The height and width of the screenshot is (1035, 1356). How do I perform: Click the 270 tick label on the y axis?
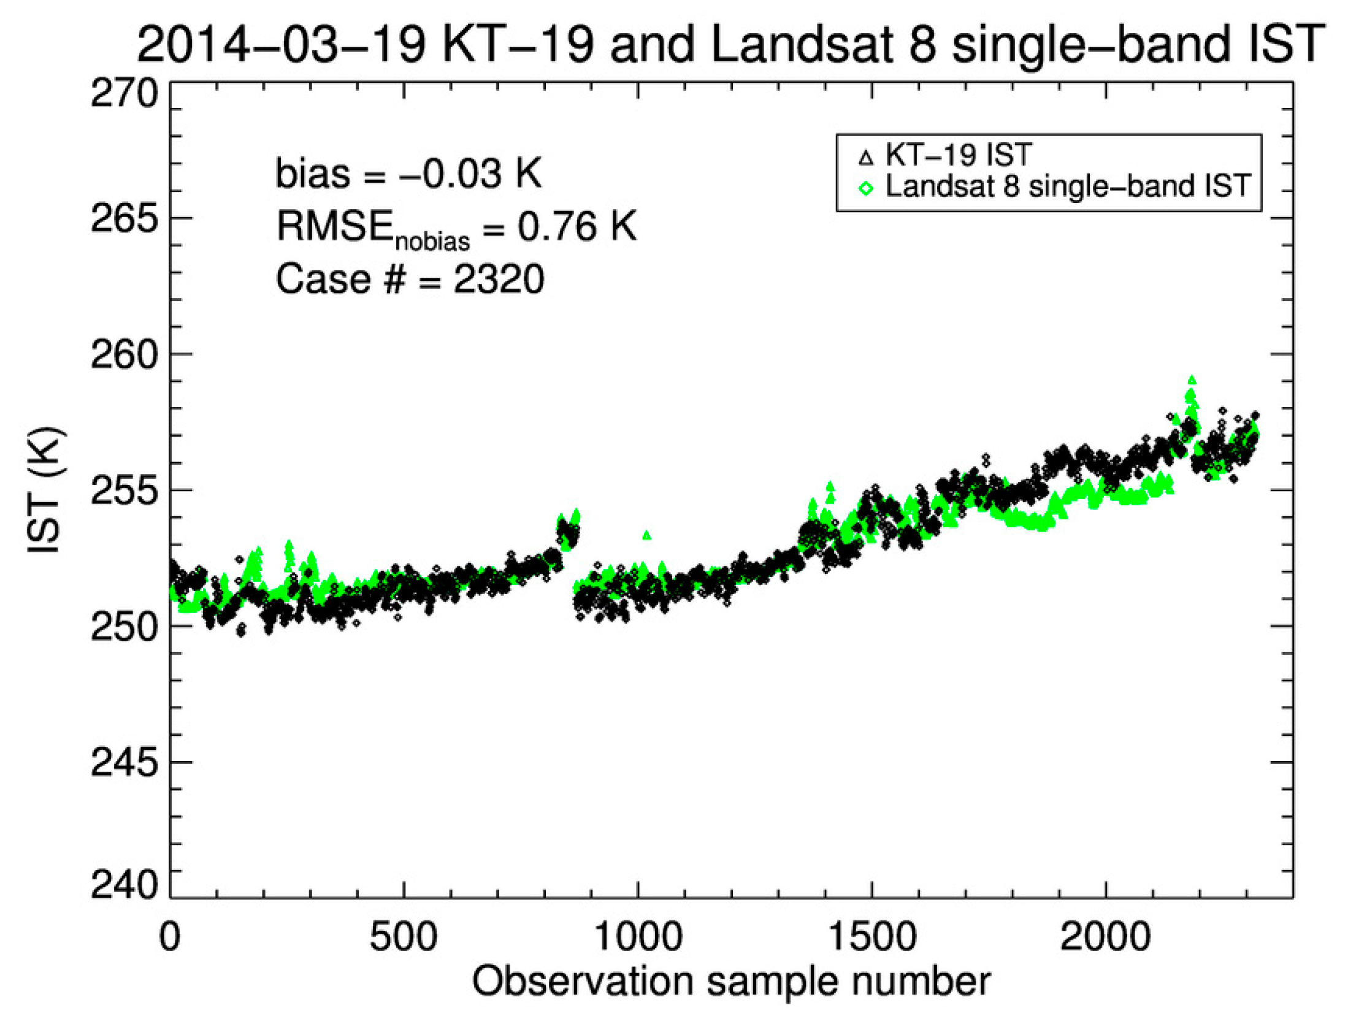click(x=124, y=95)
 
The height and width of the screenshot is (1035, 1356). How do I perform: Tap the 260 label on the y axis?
click(x=124, y=356)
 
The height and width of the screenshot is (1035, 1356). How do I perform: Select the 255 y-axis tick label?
click(x=124, y=492)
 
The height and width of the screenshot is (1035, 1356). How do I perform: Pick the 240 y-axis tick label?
click(x=124, y=885)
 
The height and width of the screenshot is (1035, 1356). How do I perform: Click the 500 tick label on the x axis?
click(x=403, y=937)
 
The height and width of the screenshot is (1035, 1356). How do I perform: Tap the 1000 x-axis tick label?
click(x=637, y=937)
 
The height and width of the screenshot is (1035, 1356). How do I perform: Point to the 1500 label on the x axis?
click(x=871, y=937)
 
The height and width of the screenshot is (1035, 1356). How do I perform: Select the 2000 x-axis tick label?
click(x=1105, y=937)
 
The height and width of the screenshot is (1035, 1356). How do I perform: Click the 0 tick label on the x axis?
click(x=169, y=937)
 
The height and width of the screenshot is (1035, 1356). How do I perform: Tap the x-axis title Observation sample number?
click(x=731, y=982)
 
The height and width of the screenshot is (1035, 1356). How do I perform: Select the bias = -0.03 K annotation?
click(x=408, y=174)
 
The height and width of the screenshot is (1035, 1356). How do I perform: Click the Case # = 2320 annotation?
click(x=410, y=279)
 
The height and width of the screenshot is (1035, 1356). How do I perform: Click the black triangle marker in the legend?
click(x=866, y=158)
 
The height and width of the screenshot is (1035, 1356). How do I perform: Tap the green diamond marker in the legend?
click(x=866, y=188)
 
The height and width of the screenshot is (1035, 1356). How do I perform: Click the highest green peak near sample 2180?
click(x=1192, y=380)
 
